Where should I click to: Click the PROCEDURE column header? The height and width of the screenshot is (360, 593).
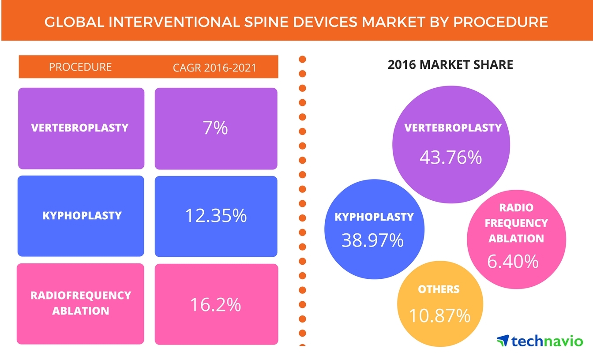(80, 67)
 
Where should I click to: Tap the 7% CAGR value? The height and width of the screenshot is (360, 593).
(216, 128)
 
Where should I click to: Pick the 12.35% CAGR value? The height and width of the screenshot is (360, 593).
(216, 216)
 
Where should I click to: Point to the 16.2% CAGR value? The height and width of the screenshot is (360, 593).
(216, 304)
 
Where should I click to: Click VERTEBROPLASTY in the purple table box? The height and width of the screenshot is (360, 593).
(80, 128)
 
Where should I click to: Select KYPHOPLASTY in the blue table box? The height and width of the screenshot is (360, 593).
(82, 216)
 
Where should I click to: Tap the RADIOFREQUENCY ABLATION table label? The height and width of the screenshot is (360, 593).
(81, 303)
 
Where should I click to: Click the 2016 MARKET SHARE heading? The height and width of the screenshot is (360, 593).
(450, 65)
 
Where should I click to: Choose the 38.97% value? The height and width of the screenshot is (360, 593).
(372, 240)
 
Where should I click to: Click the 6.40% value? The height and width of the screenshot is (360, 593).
(513, 261)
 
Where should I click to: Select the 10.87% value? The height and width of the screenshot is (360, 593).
(439, 315)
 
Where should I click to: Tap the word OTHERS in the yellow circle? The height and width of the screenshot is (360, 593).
(439, 289)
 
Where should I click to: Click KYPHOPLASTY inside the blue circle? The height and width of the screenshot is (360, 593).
(374, 217)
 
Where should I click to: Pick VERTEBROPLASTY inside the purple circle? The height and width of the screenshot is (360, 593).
(453, 128)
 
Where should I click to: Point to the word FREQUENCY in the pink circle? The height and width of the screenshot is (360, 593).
(516, 223)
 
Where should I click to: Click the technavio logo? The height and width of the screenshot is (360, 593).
(539, 341)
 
